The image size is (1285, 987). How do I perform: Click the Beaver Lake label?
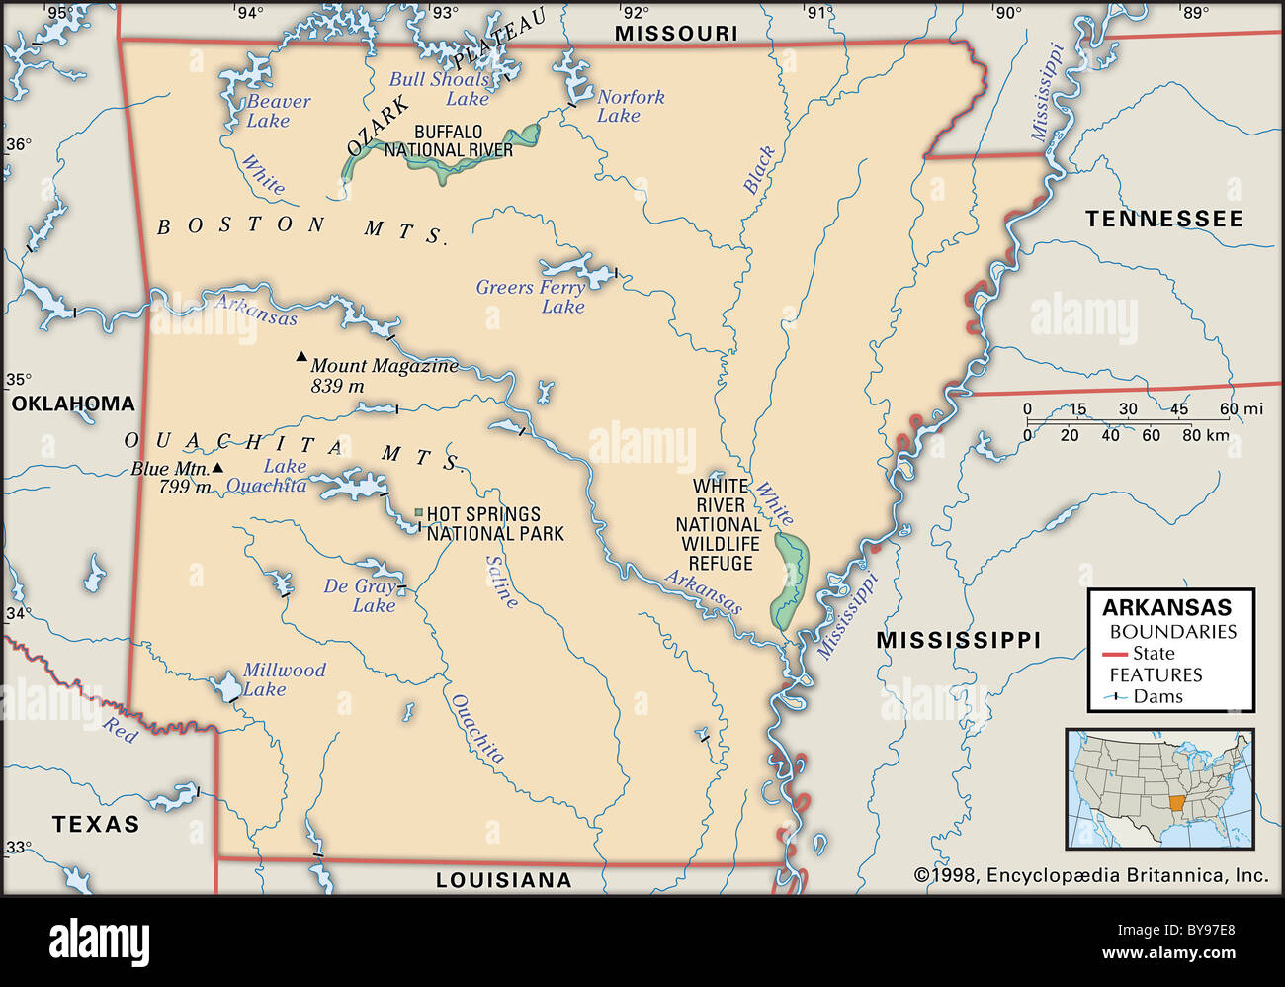278,111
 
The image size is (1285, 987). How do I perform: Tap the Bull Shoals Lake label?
440,89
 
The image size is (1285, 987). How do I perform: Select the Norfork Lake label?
630,106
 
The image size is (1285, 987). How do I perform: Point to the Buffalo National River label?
449,141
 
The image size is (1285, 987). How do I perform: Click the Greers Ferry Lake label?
531,297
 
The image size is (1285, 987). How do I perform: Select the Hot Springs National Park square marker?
418,513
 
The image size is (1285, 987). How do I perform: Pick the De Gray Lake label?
361,595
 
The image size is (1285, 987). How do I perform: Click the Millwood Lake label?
284,679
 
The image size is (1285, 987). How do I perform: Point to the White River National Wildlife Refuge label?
720,524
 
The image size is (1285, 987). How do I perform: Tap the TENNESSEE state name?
1163,220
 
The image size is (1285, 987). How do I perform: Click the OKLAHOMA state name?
73,404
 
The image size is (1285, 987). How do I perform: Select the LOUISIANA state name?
503,880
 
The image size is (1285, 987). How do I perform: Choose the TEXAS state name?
96,824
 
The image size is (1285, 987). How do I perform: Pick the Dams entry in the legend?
1157,696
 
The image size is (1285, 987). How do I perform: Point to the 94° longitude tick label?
250,13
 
